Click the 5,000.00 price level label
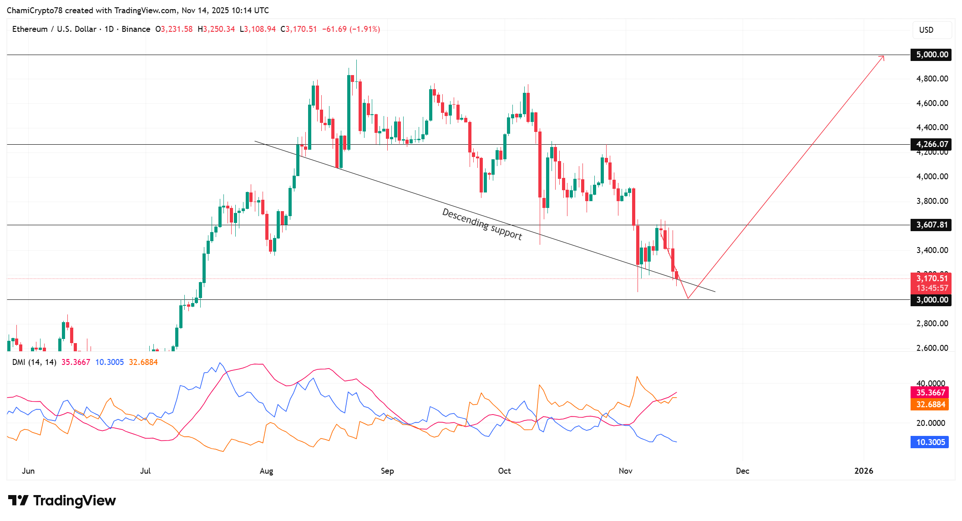932,55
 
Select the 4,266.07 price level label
932,144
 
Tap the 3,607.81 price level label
932,225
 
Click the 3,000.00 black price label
932,300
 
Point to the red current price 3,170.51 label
932,278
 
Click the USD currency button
932,30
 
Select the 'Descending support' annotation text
482,224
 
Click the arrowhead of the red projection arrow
883,57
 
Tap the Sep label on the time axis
387,471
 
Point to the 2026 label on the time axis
863,471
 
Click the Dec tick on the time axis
742,471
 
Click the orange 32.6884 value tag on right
930,405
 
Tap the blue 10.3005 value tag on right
930,442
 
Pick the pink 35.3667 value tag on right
930,393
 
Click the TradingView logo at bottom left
62,501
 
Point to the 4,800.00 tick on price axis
932,79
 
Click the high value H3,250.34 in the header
216,29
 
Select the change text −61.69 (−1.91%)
351,29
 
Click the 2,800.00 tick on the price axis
932,324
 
